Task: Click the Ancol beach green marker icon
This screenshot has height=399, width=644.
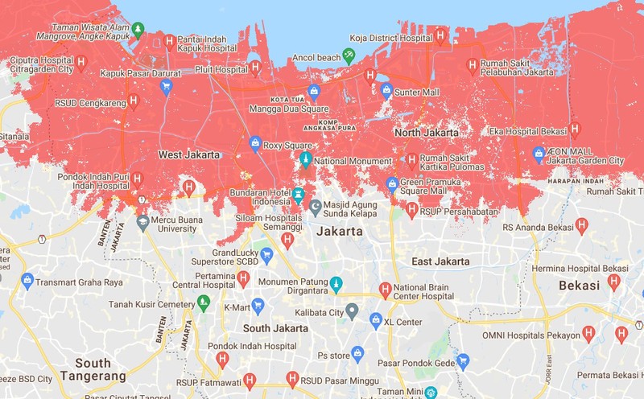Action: (x=349, y=56)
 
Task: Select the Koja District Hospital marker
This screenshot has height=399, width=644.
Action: (x=440, y=35)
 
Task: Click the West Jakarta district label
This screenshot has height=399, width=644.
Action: (x=188, y=154)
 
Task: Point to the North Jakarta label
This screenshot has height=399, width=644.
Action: (x=426, y=132)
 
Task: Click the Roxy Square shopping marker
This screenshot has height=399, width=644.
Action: (x=255, y=144)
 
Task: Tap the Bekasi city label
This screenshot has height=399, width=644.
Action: (x=579, y=286)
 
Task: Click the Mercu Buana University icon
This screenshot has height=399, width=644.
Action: (x=142, y=220)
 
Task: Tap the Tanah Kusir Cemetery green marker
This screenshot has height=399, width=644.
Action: (x=204, y=302)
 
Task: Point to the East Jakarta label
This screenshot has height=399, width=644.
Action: (x=440, y=261)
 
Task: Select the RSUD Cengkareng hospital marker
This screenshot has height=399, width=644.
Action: (x=134, y=101)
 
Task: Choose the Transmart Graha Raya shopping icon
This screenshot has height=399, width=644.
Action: (x=27, y=281)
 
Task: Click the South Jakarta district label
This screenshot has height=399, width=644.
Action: (x=275, y=328)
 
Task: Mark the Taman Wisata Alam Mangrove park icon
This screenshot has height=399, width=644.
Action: (x=138, y=30)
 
